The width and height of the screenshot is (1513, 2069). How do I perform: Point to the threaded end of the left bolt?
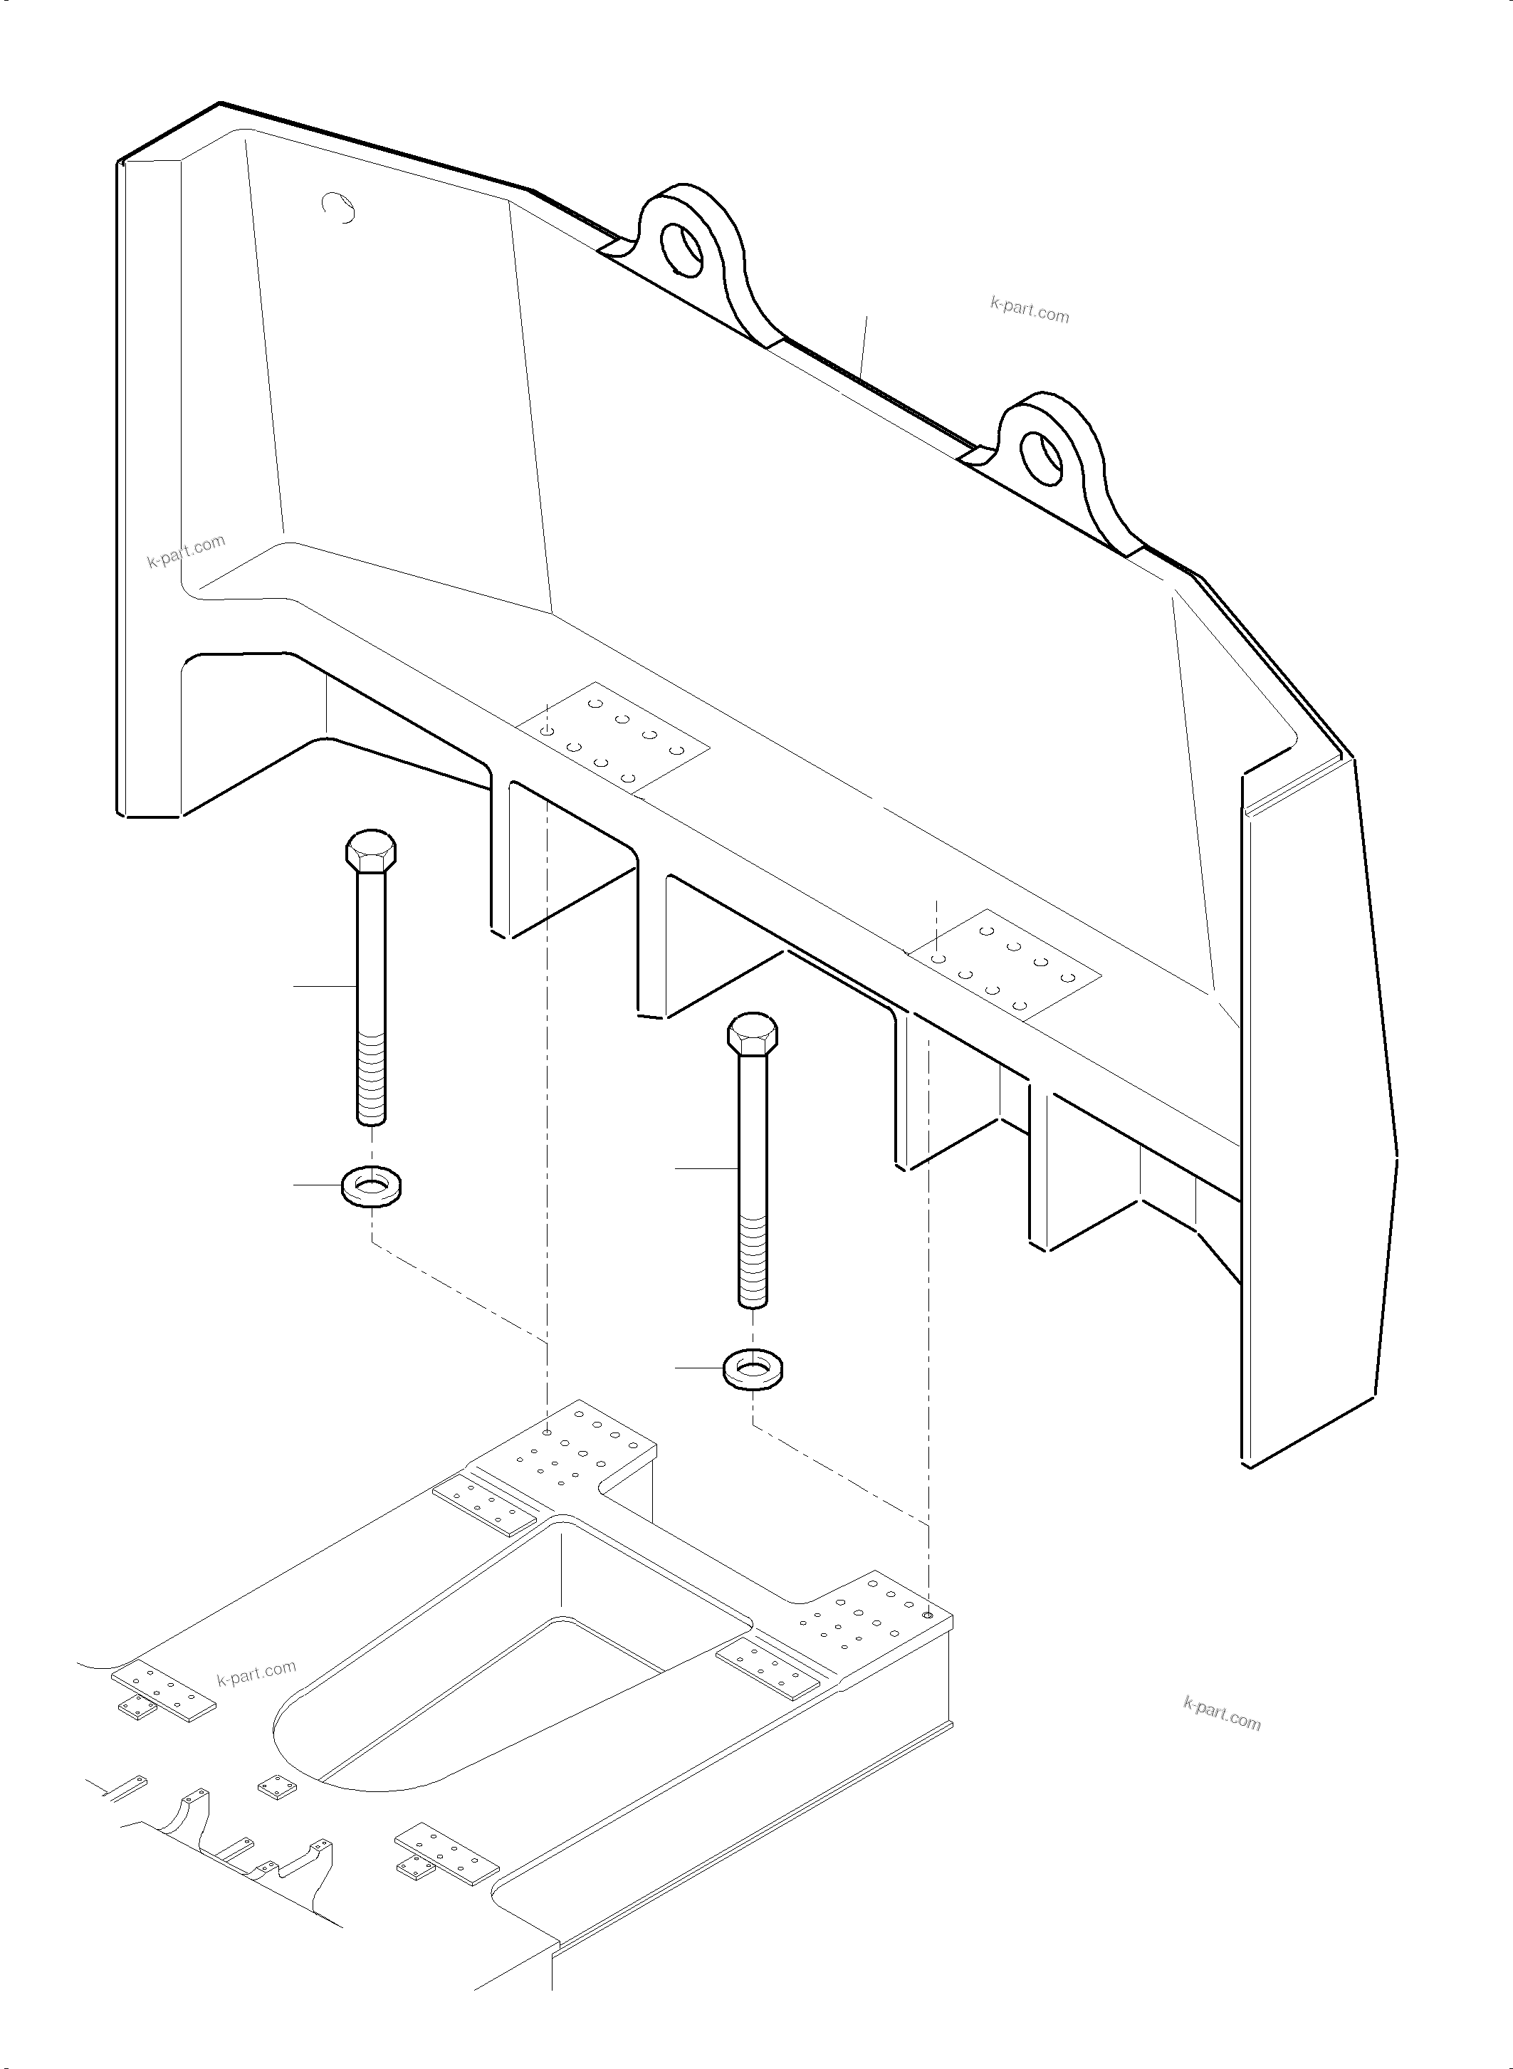371,1077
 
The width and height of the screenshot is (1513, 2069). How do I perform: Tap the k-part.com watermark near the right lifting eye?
1030,310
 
